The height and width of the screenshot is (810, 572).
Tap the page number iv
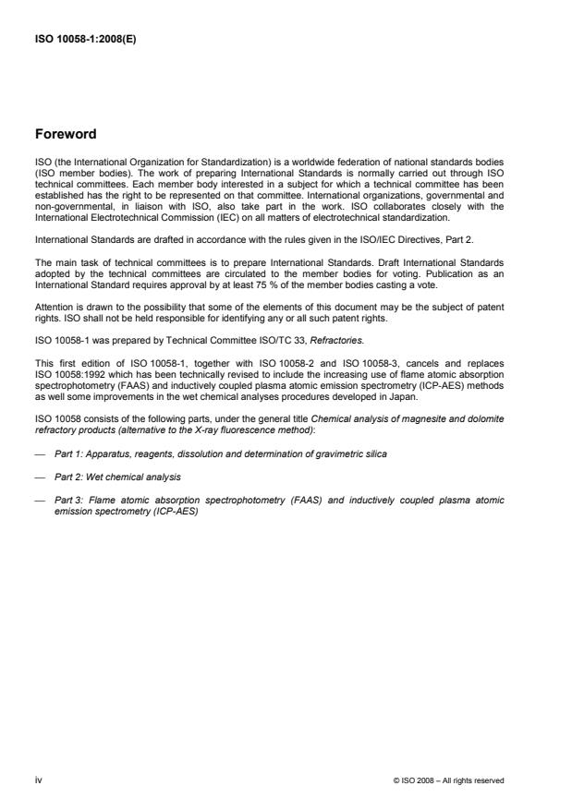pyautogui.click(x=38, y=780)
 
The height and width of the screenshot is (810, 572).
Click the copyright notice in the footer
pyautogui.click(x=449, y=780)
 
